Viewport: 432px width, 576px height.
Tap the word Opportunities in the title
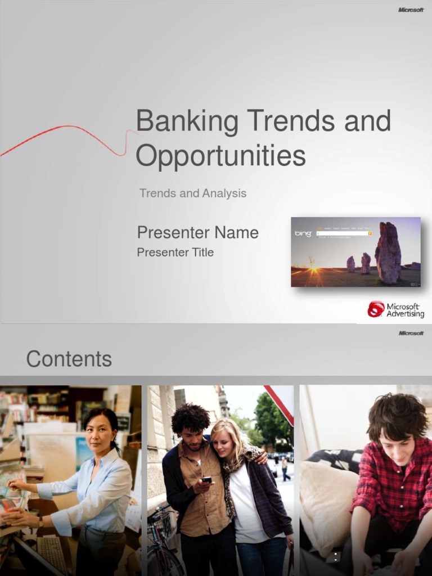click(220, 156)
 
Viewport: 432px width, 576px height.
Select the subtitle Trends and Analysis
click(193, 193)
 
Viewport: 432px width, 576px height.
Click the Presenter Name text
click(198, 232)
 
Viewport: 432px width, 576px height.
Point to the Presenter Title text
click(175, 253)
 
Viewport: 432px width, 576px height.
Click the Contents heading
click(69, 359)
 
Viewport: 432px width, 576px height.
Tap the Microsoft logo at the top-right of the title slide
click(411, 10)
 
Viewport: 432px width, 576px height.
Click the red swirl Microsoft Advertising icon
click(376, 309)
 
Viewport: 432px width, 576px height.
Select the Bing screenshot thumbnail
click(355, 252)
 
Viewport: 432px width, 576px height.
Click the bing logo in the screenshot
click(303, 233)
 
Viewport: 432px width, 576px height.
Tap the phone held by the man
click(206, 480)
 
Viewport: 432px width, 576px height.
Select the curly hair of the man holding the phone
click(190, 417)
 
